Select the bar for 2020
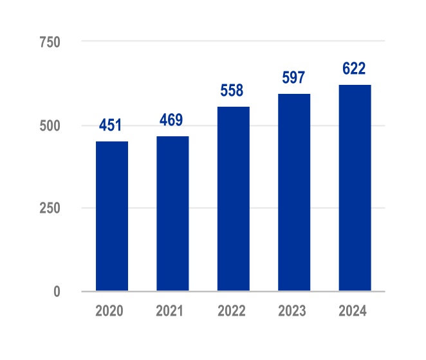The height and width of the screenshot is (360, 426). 112,216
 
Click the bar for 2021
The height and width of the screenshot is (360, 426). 172,213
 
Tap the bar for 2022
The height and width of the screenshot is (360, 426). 234,199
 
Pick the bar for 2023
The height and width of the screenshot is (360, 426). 294,192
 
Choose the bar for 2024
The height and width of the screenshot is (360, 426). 355,188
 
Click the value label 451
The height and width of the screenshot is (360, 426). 112,125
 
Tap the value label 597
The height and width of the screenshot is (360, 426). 294,78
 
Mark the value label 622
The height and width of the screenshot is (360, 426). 355,69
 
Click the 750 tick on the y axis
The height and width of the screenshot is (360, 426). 50,42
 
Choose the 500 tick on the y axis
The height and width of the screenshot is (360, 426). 50,125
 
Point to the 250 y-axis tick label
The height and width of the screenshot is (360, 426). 50,208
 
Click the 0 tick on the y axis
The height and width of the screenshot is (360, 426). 56,291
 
